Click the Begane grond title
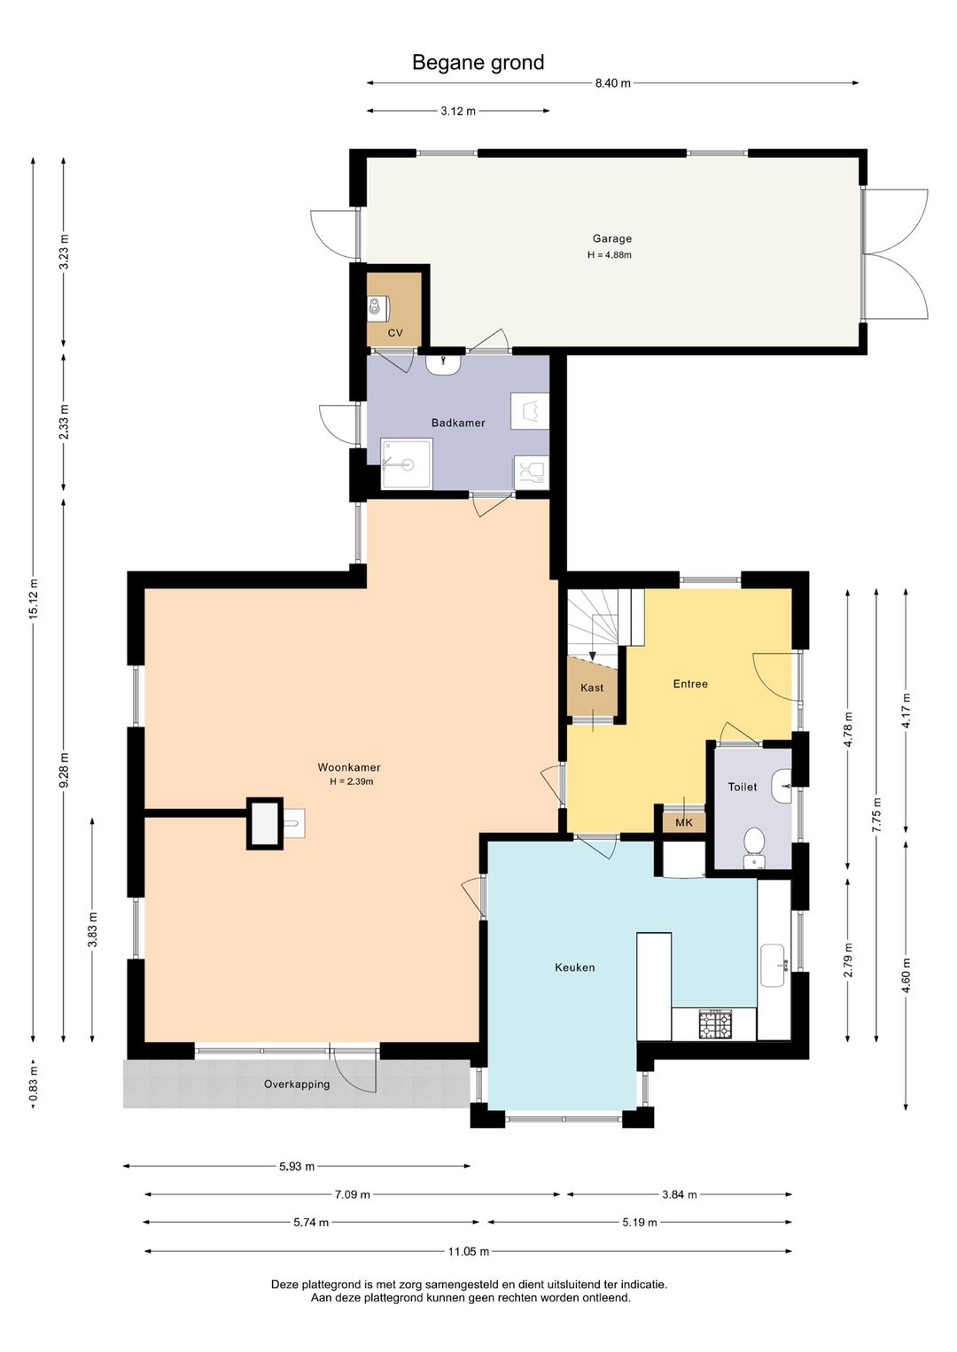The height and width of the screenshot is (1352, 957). [x=478, y=63]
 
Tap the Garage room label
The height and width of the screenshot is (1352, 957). [x=611, y=239]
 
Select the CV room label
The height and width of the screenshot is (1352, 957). [x=395, y=333]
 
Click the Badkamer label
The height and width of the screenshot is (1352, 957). [x=457, y=423]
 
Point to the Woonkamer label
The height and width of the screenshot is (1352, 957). [x=349, y=768]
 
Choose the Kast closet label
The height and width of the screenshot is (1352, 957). [x=592, y=688]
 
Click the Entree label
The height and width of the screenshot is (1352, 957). [x=690, y=684]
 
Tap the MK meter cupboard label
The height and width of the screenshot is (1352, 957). [x=683, y=823]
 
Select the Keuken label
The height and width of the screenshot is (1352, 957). [x=575, y=967]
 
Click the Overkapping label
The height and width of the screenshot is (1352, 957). [x=297, y=1084]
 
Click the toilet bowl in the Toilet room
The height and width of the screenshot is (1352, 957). [x=753, y=843]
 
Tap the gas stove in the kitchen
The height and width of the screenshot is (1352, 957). [x=715, y=1024]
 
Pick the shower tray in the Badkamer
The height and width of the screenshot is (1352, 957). [x=407, y=463]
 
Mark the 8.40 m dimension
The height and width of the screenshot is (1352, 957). [x=612, y=83]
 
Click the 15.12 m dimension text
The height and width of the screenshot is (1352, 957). [x=34, y=598]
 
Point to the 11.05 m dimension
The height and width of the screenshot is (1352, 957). [x=468, y=1251]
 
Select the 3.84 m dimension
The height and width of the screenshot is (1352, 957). [x=680, y=1194]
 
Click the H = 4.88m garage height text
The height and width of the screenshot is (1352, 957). [x=610, y=255]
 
